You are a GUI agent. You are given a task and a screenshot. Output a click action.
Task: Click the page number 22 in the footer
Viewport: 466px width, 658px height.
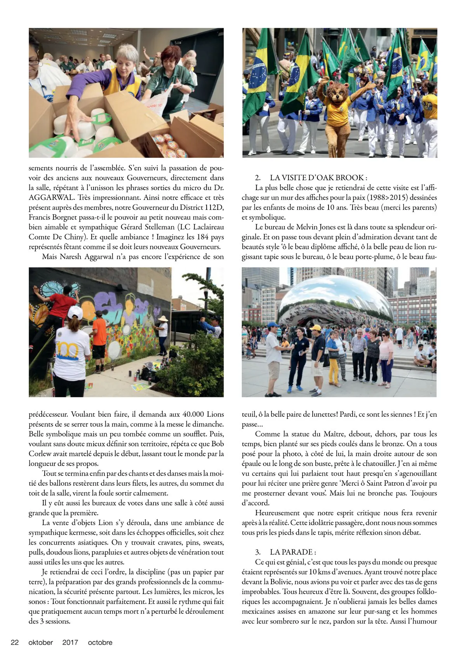[15, 642]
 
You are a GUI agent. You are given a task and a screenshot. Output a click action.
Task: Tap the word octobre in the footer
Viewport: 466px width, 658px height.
[100, 642]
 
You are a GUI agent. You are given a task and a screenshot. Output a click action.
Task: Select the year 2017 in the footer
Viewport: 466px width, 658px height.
[70, 642]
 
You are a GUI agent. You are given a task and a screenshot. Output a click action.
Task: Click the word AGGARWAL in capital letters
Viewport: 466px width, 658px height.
[50, 197]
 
